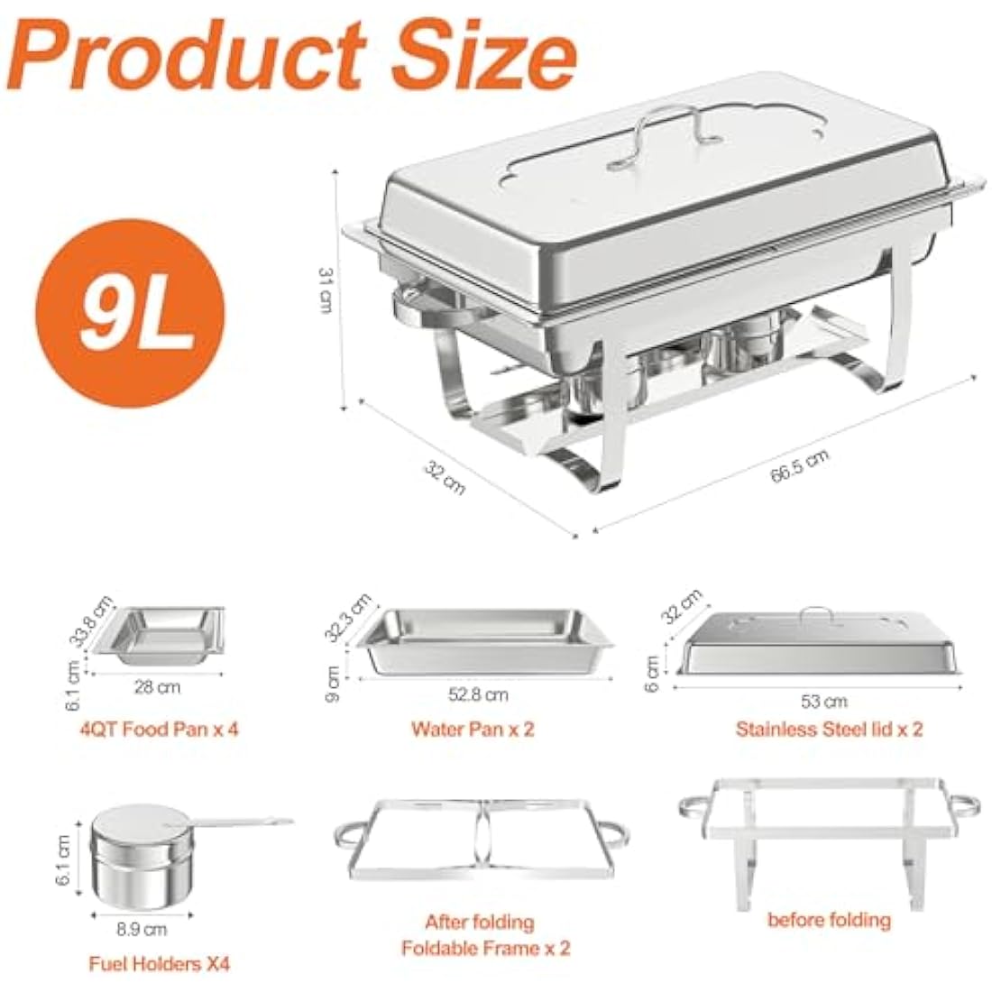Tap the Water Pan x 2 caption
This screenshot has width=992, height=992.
coord(473,729)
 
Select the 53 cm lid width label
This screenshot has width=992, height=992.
coord(825,701)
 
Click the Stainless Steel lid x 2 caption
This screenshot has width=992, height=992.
coord(829,729)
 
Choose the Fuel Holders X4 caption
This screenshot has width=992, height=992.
coord(159,964)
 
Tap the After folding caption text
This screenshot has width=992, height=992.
coord(479,923)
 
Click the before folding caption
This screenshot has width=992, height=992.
coord(828,920)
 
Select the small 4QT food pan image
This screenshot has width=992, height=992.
coord(167,636)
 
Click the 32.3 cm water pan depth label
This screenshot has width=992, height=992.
coord(346,617)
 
